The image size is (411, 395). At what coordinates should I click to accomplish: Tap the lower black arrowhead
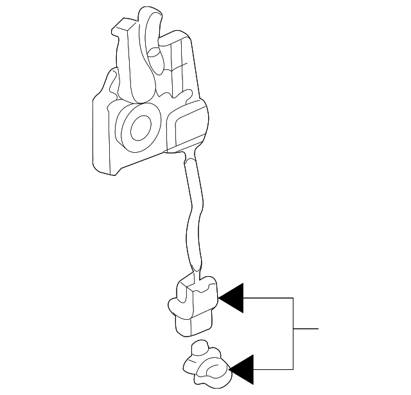click(241, 369)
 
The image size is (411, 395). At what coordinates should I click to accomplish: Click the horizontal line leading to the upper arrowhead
click(268, 298)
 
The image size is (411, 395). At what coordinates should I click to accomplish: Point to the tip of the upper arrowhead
click(219, 298)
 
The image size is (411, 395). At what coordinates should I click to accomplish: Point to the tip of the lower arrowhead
click(229, 369)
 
